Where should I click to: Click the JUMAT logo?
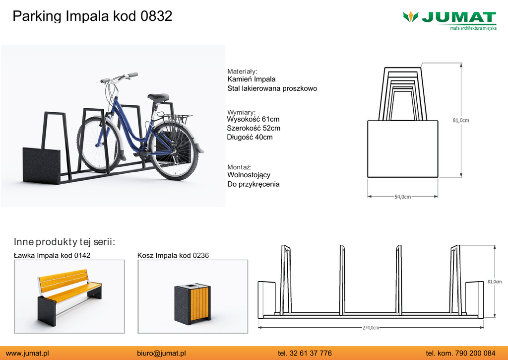pyautogui.click(x=449, y=20)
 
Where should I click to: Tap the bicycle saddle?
pyautogui.click(x=158, y=97)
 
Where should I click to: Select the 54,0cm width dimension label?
pyautogui.click(x=402, y=197)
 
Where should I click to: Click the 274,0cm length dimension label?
pyautogui.click(x=371, y=328)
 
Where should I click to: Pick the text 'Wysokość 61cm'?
pyautogui.click(x=253, y=119)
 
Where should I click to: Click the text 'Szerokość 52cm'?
pyautogui.click(x=254, y=129)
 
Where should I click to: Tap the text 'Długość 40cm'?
pyautogui.click(x=250, y=138)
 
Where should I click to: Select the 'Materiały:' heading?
pyautogui.click(x=242, y=72)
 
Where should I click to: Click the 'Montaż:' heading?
pyautogui.click(x=240, y=167)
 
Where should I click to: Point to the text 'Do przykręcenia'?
pyautogui.click(x=254, y=184)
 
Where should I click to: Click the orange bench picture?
pyautogui.click(x=69, y=296)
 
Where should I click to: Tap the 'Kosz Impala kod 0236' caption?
pyautogui.click(x=173, y=256)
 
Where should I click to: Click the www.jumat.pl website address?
pyautogui.click(x=27, y=353)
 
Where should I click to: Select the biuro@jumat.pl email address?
pyautogui.click(x=161, y=353)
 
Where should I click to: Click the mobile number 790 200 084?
pyautogui.click(x=475, y=353)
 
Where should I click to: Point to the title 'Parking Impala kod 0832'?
pyautogui.click(x=92, y=16)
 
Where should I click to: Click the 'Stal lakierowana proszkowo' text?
pyautogui.click(x=272, y=88)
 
